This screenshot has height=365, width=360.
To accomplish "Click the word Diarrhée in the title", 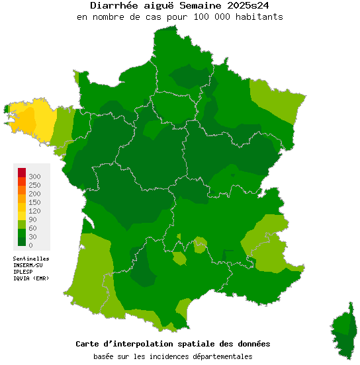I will (x=112, y=5).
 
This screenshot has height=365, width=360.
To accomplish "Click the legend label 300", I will (x=34, y=177).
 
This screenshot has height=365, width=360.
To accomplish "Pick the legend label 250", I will (x=34, y=185).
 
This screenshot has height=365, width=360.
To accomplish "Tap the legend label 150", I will (x=34, y=202).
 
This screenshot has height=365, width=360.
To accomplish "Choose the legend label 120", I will (x=34, y=211).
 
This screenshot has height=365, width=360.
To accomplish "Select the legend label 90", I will (x=32, y=220).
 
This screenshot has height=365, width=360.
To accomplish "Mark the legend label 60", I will (x=32, y=228).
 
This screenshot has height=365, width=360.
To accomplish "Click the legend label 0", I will (x=30, y=245).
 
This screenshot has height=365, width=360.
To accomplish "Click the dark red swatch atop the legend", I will (x=22, y=173).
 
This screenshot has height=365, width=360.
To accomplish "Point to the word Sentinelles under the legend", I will (x=31, y=259).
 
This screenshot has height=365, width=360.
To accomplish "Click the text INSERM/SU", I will (x=28, y=265).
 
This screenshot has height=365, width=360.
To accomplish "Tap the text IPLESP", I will (x=23, y=272).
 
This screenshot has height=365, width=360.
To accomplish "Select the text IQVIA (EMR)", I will (x=31, y=278).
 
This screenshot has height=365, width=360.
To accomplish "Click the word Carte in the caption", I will (x=89, y=344).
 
